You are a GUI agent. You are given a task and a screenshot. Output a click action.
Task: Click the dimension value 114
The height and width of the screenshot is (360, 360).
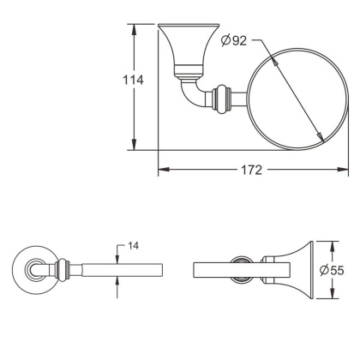pyautogui.click(x=131, y=80)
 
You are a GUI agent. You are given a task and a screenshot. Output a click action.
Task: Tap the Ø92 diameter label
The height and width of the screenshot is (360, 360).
pyautogui.click(x=232, y=41)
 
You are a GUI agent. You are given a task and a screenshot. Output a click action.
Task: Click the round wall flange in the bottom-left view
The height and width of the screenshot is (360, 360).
pyautogui.click(x=35, y=270)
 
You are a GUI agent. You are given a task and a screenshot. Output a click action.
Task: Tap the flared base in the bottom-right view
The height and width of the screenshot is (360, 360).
pyautogui.click(x=291, y=269)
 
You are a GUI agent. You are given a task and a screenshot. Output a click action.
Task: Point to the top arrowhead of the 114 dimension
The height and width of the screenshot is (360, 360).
pyautogui.click(x=134, y=28)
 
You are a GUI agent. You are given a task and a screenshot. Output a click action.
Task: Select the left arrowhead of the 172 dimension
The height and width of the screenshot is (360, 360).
pyautogui.click(x=163, y=170)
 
